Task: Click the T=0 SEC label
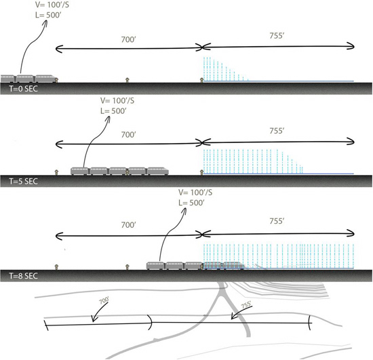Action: tap(23, 89)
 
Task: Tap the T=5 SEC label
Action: tap(23, 182)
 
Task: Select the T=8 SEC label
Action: tap(23, 276)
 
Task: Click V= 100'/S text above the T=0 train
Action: tap(52, 5)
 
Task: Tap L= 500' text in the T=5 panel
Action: tap(113, 111)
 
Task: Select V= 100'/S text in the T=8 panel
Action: tap(195, 193)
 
